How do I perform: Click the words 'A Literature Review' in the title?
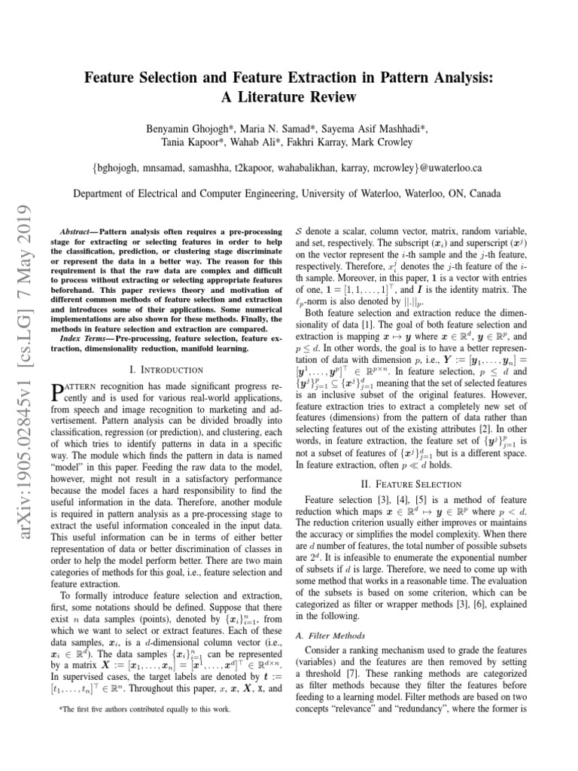pyautogui.click(x=288, y=97)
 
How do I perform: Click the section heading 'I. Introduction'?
pyautogui.click(x=166, y=370)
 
